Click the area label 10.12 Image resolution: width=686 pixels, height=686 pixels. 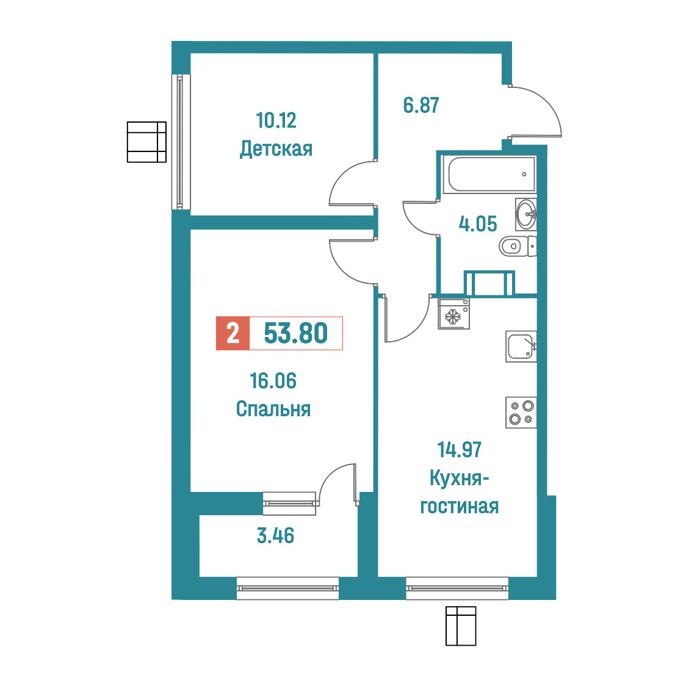(276, 120)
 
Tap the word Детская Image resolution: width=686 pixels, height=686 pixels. (276, 149)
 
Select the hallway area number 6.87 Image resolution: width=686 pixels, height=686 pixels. (421, 106)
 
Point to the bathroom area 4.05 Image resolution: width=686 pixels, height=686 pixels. (478, 223)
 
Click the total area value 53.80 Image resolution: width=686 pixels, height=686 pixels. (296, 333)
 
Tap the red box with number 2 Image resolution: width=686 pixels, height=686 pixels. (233, 333)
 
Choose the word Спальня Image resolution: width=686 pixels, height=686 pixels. (273, 409)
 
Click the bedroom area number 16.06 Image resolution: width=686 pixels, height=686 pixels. (273, 381)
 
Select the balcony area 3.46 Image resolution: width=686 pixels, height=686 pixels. (275, 535)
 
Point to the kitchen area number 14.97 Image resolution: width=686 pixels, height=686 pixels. (460, 450)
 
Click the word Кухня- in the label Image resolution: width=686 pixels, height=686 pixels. (460, 478)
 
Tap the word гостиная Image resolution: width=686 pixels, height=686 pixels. (460, 506)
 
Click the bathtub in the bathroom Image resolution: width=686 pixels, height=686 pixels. (489, 175)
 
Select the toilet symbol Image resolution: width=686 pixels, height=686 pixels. (518, 247)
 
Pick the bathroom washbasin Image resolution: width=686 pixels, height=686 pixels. (526, 214)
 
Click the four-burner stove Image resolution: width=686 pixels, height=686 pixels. (521, 412)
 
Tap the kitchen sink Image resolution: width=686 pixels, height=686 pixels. (521, 347)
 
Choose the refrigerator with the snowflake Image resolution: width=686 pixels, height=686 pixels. (453, 314)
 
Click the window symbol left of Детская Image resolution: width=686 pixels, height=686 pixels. (146, 142)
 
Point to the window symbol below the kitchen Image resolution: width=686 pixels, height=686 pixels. (461, 626)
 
